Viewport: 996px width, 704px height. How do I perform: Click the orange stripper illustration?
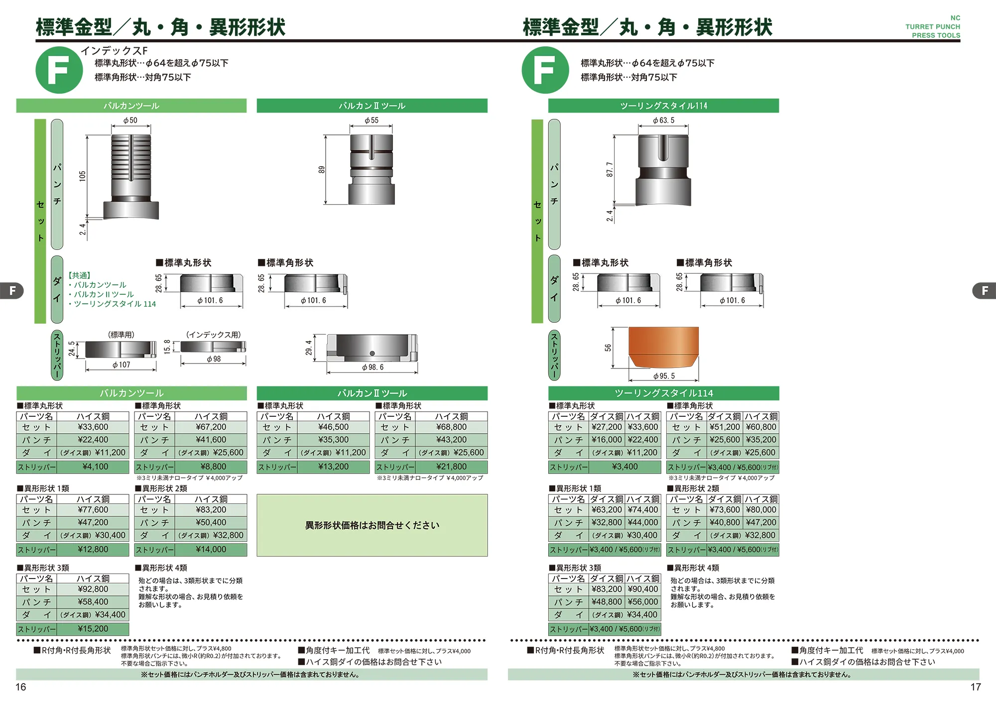(x=663, y=348)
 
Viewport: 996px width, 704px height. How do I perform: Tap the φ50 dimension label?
(x=130, y=120)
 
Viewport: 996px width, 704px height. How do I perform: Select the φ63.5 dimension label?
(x=663, y=120)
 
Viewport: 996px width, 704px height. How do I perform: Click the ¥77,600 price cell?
(x=93, y=510)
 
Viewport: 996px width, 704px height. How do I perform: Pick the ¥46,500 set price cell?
(x=333, y=427)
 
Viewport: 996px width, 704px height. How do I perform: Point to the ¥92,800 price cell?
(x=93, y=589)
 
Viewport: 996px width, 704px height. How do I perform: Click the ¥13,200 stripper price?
(x=333, y=467)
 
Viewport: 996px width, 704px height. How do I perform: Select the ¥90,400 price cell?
(x=643, y=589)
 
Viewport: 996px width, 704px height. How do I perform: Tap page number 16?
(x=20, y=687)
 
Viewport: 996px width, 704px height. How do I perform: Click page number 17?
(x=975, y=687)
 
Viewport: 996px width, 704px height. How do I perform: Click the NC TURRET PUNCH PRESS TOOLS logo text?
(x=933, y=27)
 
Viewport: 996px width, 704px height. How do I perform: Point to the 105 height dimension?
(x=83, y=176)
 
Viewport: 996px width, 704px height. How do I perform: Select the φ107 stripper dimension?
(x=121, y=365)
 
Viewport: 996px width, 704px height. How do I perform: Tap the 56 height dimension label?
(x=608, y=348)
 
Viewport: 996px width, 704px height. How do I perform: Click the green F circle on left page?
(x=59, y=70)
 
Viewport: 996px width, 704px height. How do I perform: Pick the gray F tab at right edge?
(x=984, y=291)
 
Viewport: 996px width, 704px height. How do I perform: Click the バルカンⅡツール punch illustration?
(x=372, y=169)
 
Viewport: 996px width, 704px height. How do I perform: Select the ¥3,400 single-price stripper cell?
(x=624, y=467)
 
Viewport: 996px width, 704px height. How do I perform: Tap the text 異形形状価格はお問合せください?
(x=372, y=525)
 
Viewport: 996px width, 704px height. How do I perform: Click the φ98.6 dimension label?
(x=373, y=367)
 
